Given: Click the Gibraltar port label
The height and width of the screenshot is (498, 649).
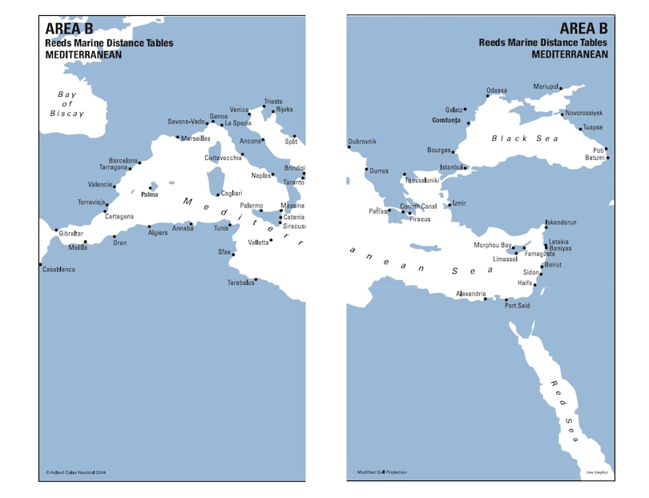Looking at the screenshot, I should click(x=71, y=233).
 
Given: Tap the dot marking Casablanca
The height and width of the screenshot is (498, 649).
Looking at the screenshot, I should click(x=40, y=264).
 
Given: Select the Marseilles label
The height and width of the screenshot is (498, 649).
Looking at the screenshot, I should click(x=196, y=139).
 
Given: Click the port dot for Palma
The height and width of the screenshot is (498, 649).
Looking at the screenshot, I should click(x=150, y=188).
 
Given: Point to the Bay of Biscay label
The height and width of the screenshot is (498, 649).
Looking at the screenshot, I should click(x=67, y=104).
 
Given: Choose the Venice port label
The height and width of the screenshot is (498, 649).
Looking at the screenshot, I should click(x=240, y=110).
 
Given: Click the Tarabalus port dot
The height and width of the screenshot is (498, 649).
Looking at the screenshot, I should click(x=256, y=279).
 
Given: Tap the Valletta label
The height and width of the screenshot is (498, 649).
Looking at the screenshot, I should click(x=256, y=242).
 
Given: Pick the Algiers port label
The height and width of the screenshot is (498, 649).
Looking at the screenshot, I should click(x=159, y=231).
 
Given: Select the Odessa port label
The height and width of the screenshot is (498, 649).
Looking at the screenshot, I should click(x=497, y=90).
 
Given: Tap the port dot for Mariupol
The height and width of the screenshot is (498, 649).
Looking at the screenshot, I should click(x=561, y=88).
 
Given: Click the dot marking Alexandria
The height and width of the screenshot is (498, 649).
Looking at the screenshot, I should click(x=486, y=299).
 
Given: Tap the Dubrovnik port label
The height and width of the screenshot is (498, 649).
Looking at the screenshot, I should click(x=361, y=143).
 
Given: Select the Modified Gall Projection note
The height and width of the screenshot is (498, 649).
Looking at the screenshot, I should click(x=382, y=472).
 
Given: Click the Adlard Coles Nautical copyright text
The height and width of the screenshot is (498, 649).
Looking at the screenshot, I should click(x=76, y=472).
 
